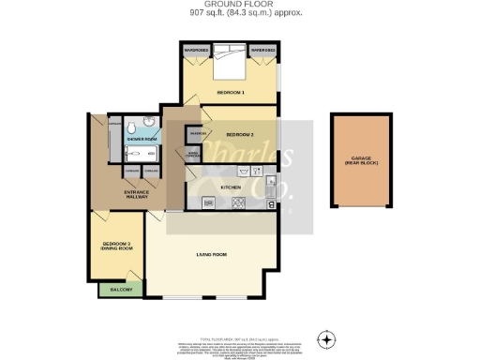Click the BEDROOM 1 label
[x=230, y=93]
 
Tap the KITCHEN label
[x=231, y=187]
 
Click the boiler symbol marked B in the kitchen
[x=271, y=204]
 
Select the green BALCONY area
[x=121, y=290]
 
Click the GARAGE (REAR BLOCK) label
[x=361, y=160]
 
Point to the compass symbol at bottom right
[x=326, y=338]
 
